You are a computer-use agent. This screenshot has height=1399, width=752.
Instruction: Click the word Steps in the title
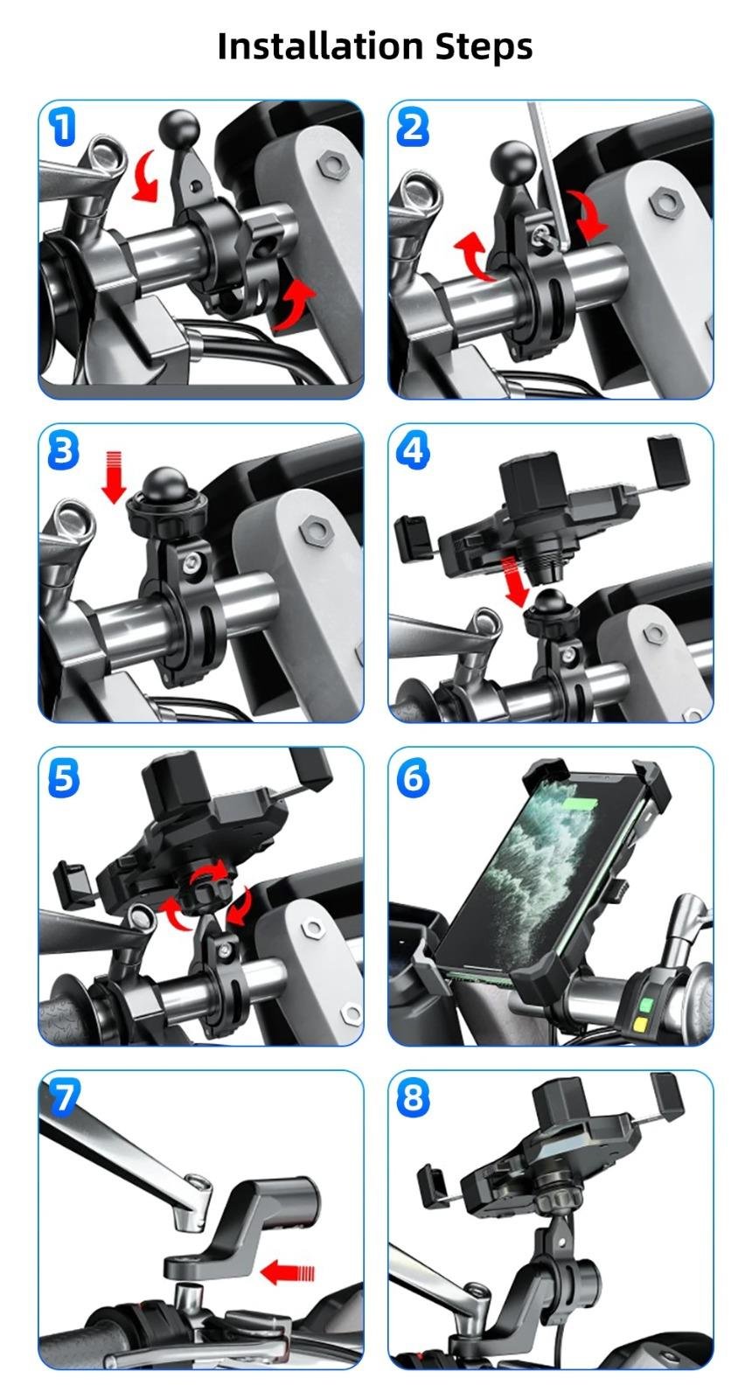(484, 47)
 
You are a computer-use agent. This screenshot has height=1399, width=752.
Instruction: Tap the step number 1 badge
(62, 127)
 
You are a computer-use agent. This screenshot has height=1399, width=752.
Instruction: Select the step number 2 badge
(413, 127)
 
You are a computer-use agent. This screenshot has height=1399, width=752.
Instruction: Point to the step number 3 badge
(63, 450)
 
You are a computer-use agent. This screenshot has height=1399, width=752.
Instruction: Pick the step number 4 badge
(413, 450)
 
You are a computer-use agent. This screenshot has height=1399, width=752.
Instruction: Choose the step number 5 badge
(63, 777)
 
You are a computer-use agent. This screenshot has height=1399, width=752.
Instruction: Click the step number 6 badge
(413, 777)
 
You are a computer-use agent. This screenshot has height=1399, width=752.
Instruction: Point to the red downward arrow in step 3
(113, 477)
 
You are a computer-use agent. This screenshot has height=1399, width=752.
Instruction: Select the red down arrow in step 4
(515, 581)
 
